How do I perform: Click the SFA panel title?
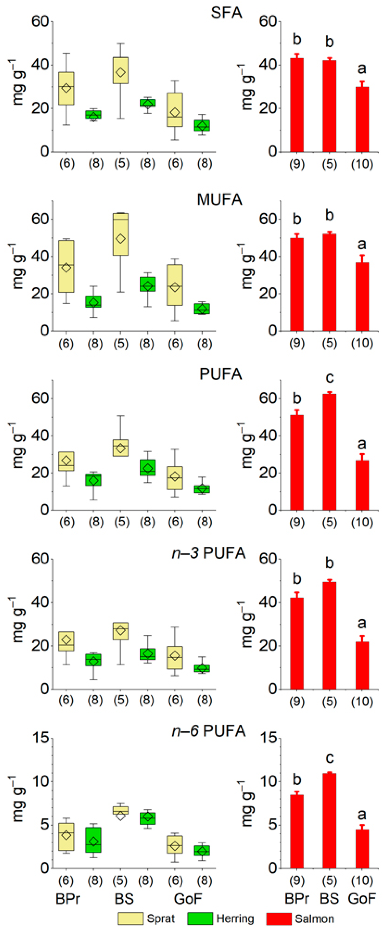[x=226, y=13]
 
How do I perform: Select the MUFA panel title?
[x=219, y=199]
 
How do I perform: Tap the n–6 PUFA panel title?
[x=208, y=731]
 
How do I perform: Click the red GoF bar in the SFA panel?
[x=362, y=119]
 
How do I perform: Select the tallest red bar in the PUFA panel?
[x=329, y=451]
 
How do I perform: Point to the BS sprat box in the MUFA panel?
[x=121, y=234]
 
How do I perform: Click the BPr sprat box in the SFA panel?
[x=66, y=88]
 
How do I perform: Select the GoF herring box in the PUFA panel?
[x=202, y=489]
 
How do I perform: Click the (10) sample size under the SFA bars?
[x=362, y=164]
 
